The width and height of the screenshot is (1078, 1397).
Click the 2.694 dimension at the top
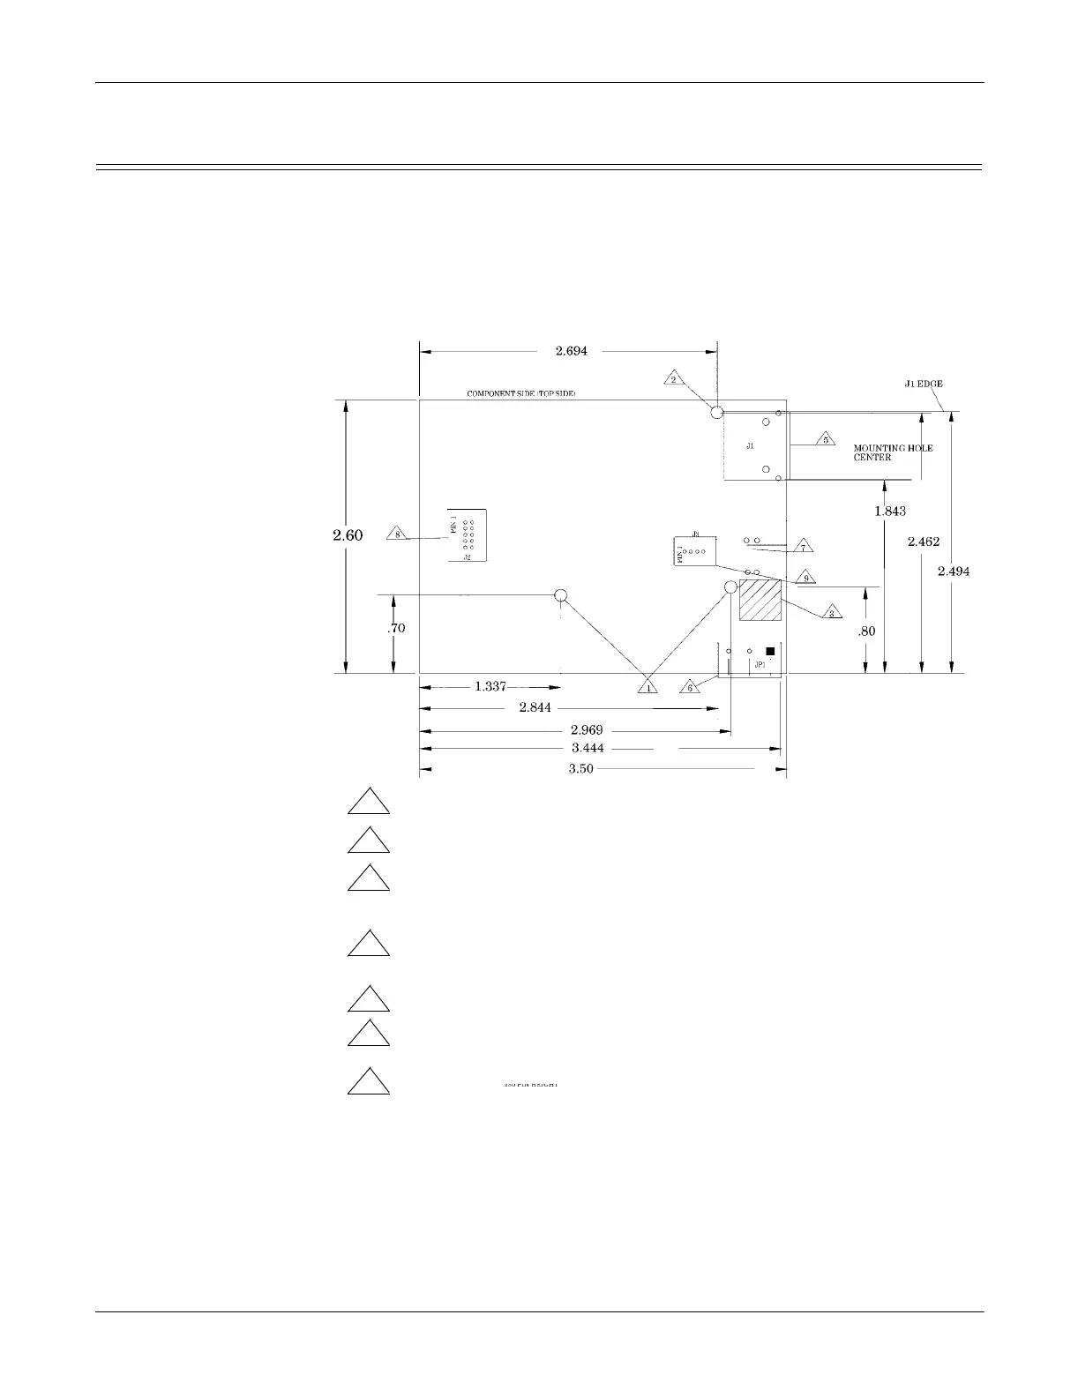coord(571,351)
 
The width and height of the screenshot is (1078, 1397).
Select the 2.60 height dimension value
coord(348,534)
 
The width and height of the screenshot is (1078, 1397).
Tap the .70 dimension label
coord(396,629)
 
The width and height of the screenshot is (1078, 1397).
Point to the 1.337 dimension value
coord(490,687)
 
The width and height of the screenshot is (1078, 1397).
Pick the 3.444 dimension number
coord(588,749)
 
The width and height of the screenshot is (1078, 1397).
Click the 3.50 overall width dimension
coord(580,769)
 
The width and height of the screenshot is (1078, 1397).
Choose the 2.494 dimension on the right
coord(953,571)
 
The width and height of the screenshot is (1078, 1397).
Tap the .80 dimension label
coord(866,631)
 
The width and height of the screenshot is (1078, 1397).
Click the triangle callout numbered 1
coord(648,687)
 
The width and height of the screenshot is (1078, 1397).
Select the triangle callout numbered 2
coord(673,378)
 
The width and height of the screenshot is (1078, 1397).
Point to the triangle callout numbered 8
coord(397,534)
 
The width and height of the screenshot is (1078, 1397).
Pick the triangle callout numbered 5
coord(825,438)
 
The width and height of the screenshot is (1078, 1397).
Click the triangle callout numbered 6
coord(690,686)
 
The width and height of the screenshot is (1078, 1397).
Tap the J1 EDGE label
coord(924,384)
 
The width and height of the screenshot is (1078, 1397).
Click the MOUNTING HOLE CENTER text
coord(892,452)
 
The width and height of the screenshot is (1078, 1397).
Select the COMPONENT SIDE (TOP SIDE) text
coord(520,393)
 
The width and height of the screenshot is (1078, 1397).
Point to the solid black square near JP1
coord(770,651)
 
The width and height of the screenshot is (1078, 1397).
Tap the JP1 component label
coord(760,665)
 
